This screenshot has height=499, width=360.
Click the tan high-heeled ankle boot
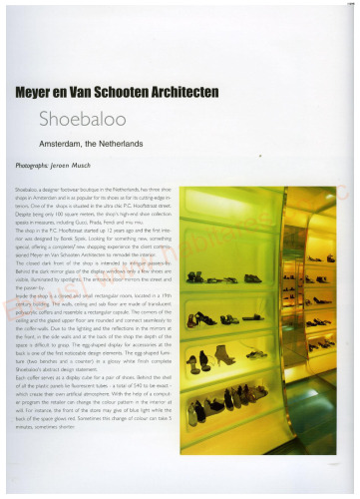point(226,355)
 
